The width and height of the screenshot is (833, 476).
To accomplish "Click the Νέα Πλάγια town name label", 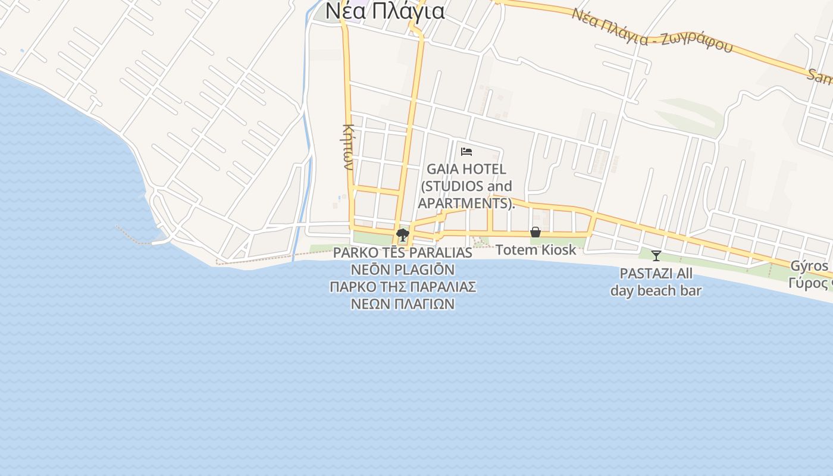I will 384,11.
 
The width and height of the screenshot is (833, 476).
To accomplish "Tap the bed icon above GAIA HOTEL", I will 466,151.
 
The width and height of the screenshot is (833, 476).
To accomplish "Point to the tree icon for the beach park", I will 403,234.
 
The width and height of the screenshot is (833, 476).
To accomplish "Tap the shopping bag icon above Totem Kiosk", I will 535,232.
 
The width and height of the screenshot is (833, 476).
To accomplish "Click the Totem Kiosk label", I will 535,250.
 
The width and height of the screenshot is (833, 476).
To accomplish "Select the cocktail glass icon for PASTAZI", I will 656,256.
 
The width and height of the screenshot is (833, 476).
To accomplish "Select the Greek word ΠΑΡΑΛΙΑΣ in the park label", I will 442,287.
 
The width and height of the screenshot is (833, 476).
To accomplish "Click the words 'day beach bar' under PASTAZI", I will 656,291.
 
